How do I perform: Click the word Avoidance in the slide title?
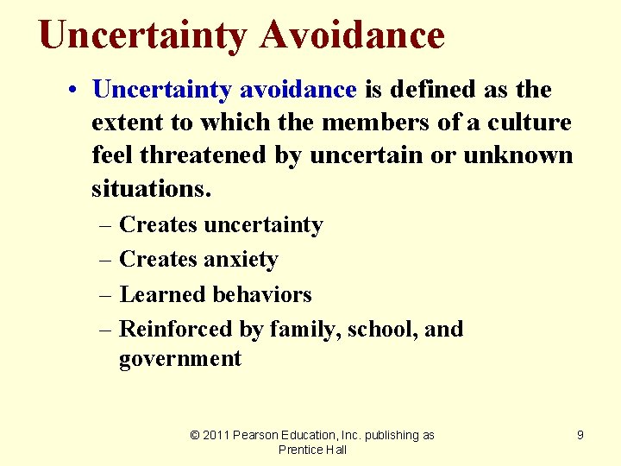point(352,35)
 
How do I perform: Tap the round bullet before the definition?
point(77,90)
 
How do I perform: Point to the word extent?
point(130,123)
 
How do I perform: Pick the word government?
point(180,358)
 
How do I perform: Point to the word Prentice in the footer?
point(296,450)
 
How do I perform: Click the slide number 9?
point(580,435)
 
